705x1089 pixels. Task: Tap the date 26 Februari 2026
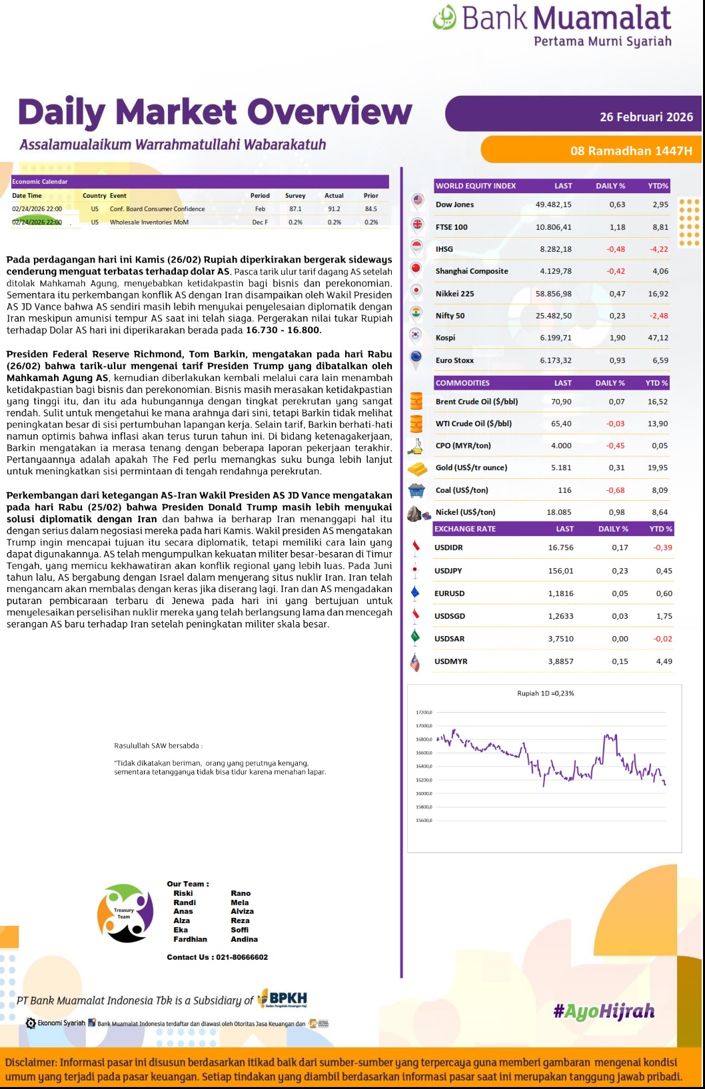pyautogui.click(x=646, y=117)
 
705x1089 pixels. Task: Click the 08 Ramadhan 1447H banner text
pyautogui.click(x=630, y=151)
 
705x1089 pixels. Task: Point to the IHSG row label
pyautogui.click(x=444, y=249)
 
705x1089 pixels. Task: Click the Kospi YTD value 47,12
pyautogui.click(x=658, y=338)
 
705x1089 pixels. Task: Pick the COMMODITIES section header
pyautogui.click(x=462, y=383)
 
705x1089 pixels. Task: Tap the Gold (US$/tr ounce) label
pyautogui.click(x=471, y=468)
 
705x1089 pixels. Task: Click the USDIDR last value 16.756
pyautogui.click(x=560, y=547)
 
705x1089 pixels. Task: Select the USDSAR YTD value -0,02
pyautogui.click(x=662, y=639)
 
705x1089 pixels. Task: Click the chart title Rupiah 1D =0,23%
pyautogui.click(x=545, y=693)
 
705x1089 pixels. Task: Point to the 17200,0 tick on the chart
pyautogui.click(x=424, y=713)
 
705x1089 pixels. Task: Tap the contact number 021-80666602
pyautogui.click(x=242, y=957)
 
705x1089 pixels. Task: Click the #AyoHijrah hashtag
pyautogui.click(x=604, y=1012)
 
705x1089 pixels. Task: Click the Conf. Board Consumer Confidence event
pyautogui.click(x=157, y=209)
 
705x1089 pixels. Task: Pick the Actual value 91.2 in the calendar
pyautogui.click(x=334, y=209)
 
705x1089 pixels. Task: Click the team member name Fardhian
pyautogui.click(x=190, y=939)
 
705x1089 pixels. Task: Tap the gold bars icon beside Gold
pyautogui.click(x=417, y=468)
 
